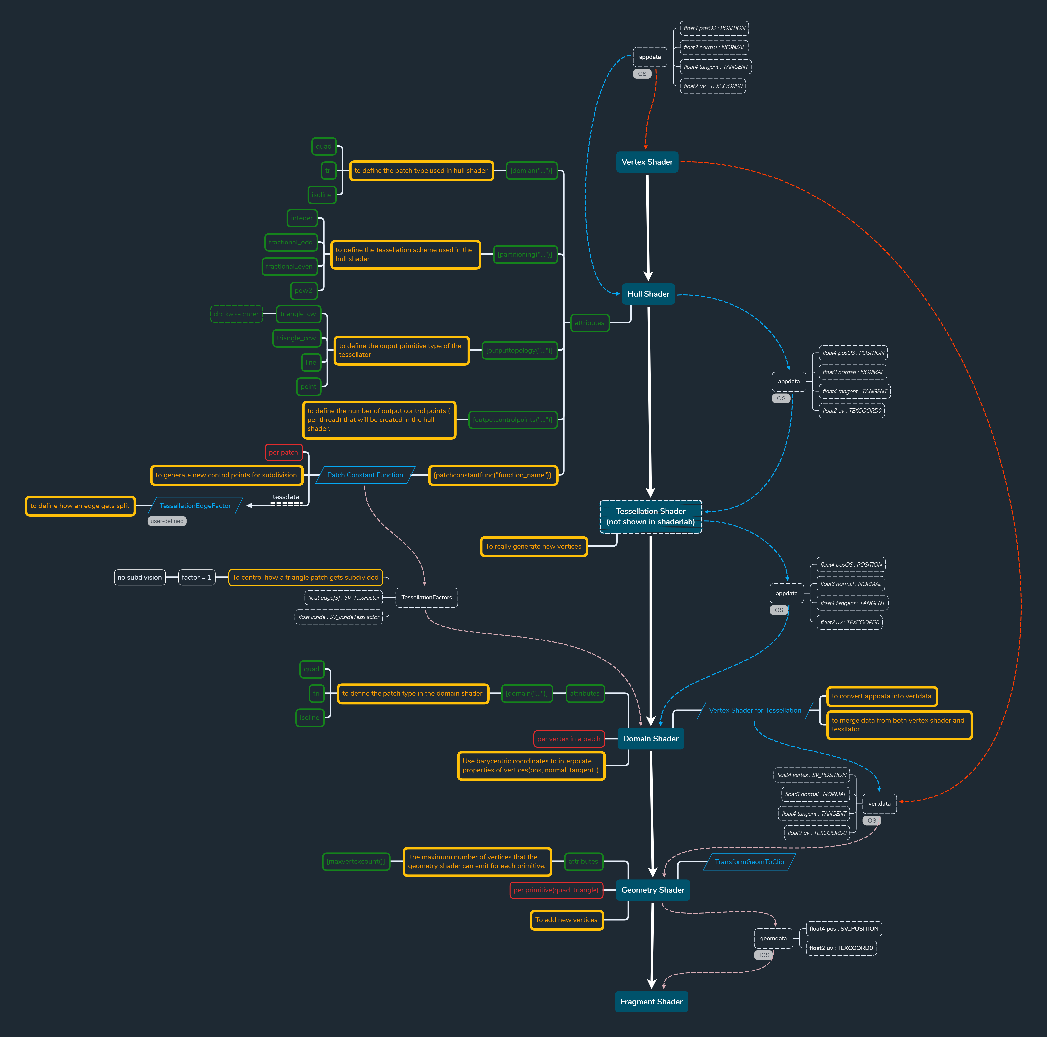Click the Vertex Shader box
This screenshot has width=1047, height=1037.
tap(647, 162)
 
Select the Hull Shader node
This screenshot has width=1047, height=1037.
tap(648, 294)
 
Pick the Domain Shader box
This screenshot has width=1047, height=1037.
tap(650, 739)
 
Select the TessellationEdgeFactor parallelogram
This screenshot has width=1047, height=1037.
tap(195, 506)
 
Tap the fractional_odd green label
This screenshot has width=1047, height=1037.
tap(290, 242)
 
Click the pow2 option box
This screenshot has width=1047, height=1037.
tap(304, 291)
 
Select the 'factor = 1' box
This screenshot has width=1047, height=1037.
tap(196, 577)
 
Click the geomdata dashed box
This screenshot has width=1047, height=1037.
tap(773, 938)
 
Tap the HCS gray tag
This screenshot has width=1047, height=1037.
tap(763, 955)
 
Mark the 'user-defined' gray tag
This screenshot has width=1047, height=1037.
tap(167, 521)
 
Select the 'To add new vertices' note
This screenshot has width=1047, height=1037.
tap(566, 920)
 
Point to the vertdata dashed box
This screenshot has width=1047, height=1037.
tap(879, 804)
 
